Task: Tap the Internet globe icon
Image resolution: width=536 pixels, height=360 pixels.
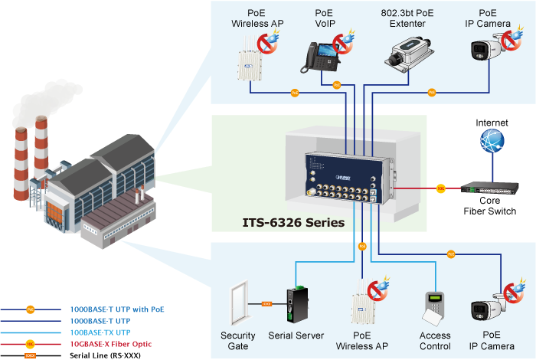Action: (x=491, y=143)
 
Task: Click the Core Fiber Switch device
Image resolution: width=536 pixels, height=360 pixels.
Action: (x=491, y=188)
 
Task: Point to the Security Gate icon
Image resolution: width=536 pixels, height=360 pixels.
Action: (x=238, y=303)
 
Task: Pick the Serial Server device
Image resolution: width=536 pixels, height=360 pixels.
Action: (x=296, y=304)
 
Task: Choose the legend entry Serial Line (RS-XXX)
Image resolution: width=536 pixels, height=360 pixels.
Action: (x=105, y=355)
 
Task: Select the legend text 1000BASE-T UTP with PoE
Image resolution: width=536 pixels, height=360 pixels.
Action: (x=117, y=309)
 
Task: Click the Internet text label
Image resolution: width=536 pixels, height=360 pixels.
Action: (x=491, y=123)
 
